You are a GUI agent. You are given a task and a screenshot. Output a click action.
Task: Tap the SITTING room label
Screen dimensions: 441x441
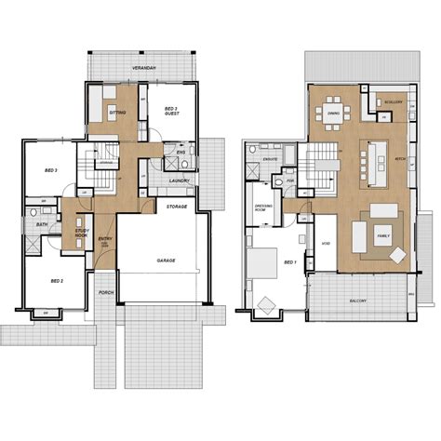pos(117,113)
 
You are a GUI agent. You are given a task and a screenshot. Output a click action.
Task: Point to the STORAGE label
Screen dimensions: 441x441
pos(177,205)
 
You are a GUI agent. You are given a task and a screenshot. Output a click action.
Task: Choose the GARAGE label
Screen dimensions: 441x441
pos(166,262)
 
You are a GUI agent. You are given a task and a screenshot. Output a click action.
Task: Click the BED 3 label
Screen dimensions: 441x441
pos(51,171)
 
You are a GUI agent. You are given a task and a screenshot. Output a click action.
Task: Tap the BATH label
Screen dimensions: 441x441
pos(42,224)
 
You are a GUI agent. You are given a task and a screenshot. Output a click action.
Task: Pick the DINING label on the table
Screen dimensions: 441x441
pos(333,114)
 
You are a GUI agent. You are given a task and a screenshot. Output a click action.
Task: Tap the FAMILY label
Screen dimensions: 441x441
pos(383,237)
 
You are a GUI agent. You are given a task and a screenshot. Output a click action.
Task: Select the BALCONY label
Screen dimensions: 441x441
pos(358,301)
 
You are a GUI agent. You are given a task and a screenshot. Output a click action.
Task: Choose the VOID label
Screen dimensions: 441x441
pos(325,244)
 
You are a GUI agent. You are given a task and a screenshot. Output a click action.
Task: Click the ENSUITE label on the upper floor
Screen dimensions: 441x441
pos(272,159)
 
